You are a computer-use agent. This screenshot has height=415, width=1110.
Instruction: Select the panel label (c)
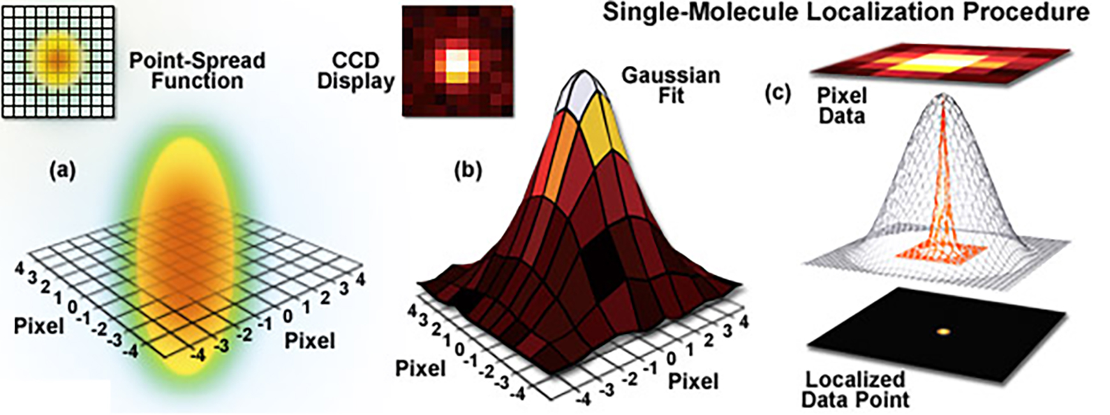(x=777, y=94)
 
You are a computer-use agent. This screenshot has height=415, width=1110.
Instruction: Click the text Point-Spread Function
(x=196, y=70)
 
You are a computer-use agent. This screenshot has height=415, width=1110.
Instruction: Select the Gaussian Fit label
(x=670, y=85)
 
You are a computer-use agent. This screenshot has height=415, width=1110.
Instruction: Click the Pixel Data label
(x=841, y=105)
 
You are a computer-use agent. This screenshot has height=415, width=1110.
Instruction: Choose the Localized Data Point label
(x=855, y=389)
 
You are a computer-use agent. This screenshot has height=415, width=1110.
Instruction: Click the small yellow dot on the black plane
(x=944, y=331)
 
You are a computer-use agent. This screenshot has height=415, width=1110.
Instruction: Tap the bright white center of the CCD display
(x=458, y=63)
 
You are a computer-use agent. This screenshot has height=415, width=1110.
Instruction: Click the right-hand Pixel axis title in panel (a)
(x=309, y=340)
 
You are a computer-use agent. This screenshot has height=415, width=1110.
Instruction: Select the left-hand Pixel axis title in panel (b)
(x=421, y=368)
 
